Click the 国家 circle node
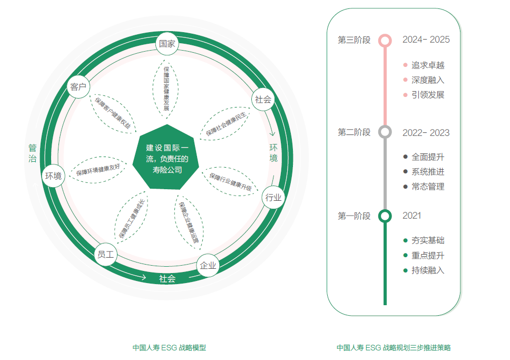(167, 44)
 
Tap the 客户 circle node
(78, 87)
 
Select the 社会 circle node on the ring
(263, 99)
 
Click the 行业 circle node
(273, 198)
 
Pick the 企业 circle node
(208, 266)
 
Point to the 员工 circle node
(105, 255)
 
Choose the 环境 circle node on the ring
(53, 176)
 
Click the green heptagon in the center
(166, 157)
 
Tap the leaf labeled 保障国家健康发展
(166, 88)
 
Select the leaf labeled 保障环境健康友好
(98, 169)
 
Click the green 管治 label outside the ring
(33, 153)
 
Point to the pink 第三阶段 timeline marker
(385, 40)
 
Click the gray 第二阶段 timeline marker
(385, 132)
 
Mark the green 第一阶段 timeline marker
(385, 216)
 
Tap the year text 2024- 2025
(426, 40)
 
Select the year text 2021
(411, 216)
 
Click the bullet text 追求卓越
(428, 65)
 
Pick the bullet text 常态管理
(428, 187)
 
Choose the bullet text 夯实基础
(428, 240)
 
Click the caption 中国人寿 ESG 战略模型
(169, 348)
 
